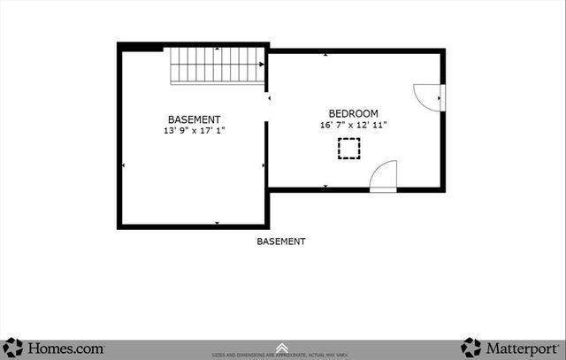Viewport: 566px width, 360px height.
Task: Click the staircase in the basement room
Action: (218, 66)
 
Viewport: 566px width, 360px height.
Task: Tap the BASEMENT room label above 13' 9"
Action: (195, 119)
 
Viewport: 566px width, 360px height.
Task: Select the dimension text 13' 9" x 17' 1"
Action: (195, 131)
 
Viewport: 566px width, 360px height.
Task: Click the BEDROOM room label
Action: (354, 113)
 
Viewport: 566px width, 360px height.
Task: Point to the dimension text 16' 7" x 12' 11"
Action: (354, 126)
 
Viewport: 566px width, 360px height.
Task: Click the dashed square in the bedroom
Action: (348, 150)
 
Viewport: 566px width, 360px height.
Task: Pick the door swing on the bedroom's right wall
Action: (428, 93)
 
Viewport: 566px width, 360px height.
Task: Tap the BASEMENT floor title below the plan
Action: (281, 241)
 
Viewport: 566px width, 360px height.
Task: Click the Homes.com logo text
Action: (66, 348)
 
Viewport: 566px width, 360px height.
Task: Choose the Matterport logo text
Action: (522, 348)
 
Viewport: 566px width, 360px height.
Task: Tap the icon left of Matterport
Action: (471, 348)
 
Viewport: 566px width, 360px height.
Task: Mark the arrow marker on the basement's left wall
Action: (123, 165)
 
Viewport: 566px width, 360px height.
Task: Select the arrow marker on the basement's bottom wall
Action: (218, 223)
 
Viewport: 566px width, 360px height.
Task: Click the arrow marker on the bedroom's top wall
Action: (325, 55)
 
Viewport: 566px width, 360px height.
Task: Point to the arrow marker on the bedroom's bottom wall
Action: (325, 186)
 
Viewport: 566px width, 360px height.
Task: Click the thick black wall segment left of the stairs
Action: (141, 47)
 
